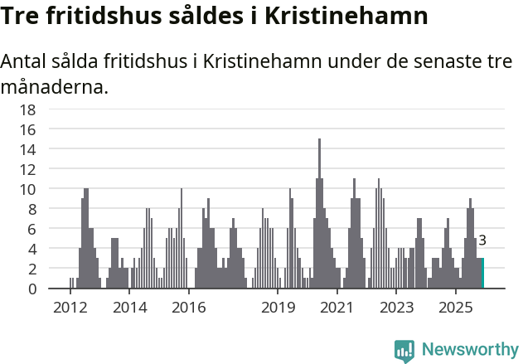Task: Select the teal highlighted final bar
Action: pyautogui.click(x=481, y=274)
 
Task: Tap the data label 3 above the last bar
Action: pyautogui.click(x=482, y=241)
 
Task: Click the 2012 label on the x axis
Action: pyautogui.click(x=70, y=308)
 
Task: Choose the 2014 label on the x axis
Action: pyautogui.click(x=129, y=308)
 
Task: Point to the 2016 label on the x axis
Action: pyautogui.click(x=189, y=308)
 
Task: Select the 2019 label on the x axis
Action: pyautogui.click(x=278, y=308)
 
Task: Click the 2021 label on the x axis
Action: pyautogui.click(x=337, y=308)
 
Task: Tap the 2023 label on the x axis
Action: pyautogui.click(x=396, y=308)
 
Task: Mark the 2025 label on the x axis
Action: pyautogui.click(x=456, y=308)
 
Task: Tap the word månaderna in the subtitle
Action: pyautogui.click(x=55, y=87)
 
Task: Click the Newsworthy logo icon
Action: pyautogui.click(x=404, y=351)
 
